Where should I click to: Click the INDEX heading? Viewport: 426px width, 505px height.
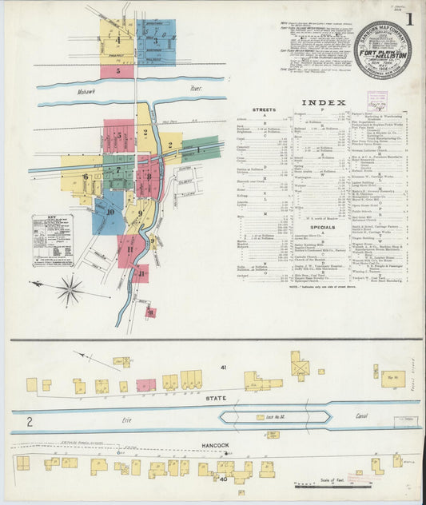(x=324, y=102)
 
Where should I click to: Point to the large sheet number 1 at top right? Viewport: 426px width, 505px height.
(x=409, y=17)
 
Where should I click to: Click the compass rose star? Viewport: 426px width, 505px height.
(x=70, y=288)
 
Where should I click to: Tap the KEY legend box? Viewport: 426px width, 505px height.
(x=53, y=240)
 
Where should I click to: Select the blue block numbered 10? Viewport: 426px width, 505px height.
(x=109, y=213)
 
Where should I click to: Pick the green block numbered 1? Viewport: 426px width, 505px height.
(x=197, y=149)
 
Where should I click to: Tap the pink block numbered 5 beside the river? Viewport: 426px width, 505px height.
(x=117, y=71)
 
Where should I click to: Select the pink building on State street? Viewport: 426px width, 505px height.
(x=145, y=385)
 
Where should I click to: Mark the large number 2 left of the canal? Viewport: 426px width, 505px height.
(x=30, y=420)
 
